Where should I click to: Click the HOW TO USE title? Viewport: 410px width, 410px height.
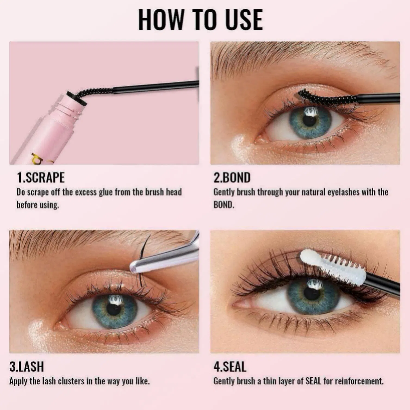pos(200,20)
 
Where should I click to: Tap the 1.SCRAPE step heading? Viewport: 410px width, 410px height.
pos(41,178)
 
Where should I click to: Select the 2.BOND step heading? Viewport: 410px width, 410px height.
pos(232,178)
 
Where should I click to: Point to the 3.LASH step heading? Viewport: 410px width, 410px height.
pos(27,366)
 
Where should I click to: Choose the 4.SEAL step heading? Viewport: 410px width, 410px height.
pos(230,366)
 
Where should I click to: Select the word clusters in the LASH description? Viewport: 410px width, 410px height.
pos(72,381)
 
